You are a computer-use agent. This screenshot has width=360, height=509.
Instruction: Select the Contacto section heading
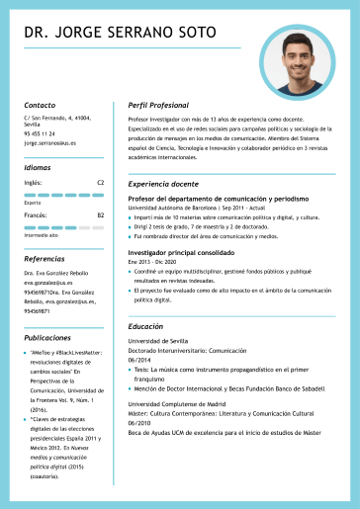click(x=40, y=105)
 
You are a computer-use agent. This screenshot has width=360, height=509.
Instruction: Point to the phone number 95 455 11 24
click(x=40, y=133)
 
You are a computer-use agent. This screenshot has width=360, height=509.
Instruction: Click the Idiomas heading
click(x=38, y=168)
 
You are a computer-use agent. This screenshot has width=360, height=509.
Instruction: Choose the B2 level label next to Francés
click(x=100, y=214)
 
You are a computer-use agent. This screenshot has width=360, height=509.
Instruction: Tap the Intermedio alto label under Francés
click(x=42, y=235)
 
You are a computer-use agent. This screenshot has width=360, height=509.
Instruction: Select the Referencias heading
click(x=44, y=259)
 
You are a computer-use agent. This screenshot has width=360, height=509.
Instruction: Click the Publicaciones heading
click(x=47, y=337)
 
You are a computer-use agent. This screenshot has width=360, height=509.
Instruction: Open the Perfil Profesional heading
click(x=158, y=105)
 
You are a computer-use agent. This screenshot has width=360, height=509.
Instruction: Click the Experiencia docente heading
click(x=163, y=185)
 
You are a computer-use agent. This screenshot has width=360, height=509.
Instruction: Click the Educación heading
click(x=145, y=326)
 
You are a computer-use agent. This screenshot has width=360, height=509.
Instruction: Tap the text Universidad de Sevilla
click(x=157, y=341)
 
